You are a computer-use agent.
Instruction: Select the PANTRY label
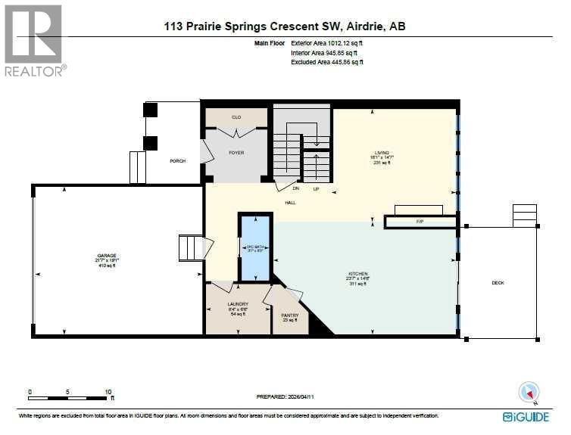pos(289,315)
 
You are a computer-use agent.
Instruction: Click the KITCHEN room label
pos(357,273)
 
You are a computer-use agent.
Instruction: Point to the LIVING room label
pos(392,151)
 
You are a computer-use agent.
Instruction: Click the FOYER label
pos(236,153)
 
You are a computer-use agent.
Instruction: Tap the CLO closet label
pos(236,118)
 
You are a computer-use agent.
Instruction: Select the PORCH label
pos(177,160)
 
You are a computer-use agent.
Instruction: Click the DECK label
pos(498,283)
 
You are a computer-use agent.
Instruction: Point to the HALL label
pos(290,203)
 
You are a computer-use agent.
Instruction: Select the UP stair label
pos(316,188)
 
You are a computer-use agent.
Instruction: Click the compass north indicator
pos(528,392)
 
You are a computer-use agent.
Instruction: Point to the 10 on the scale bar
pos(108,391)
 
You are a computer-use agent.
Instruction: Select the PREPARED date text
pos(285,396)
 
